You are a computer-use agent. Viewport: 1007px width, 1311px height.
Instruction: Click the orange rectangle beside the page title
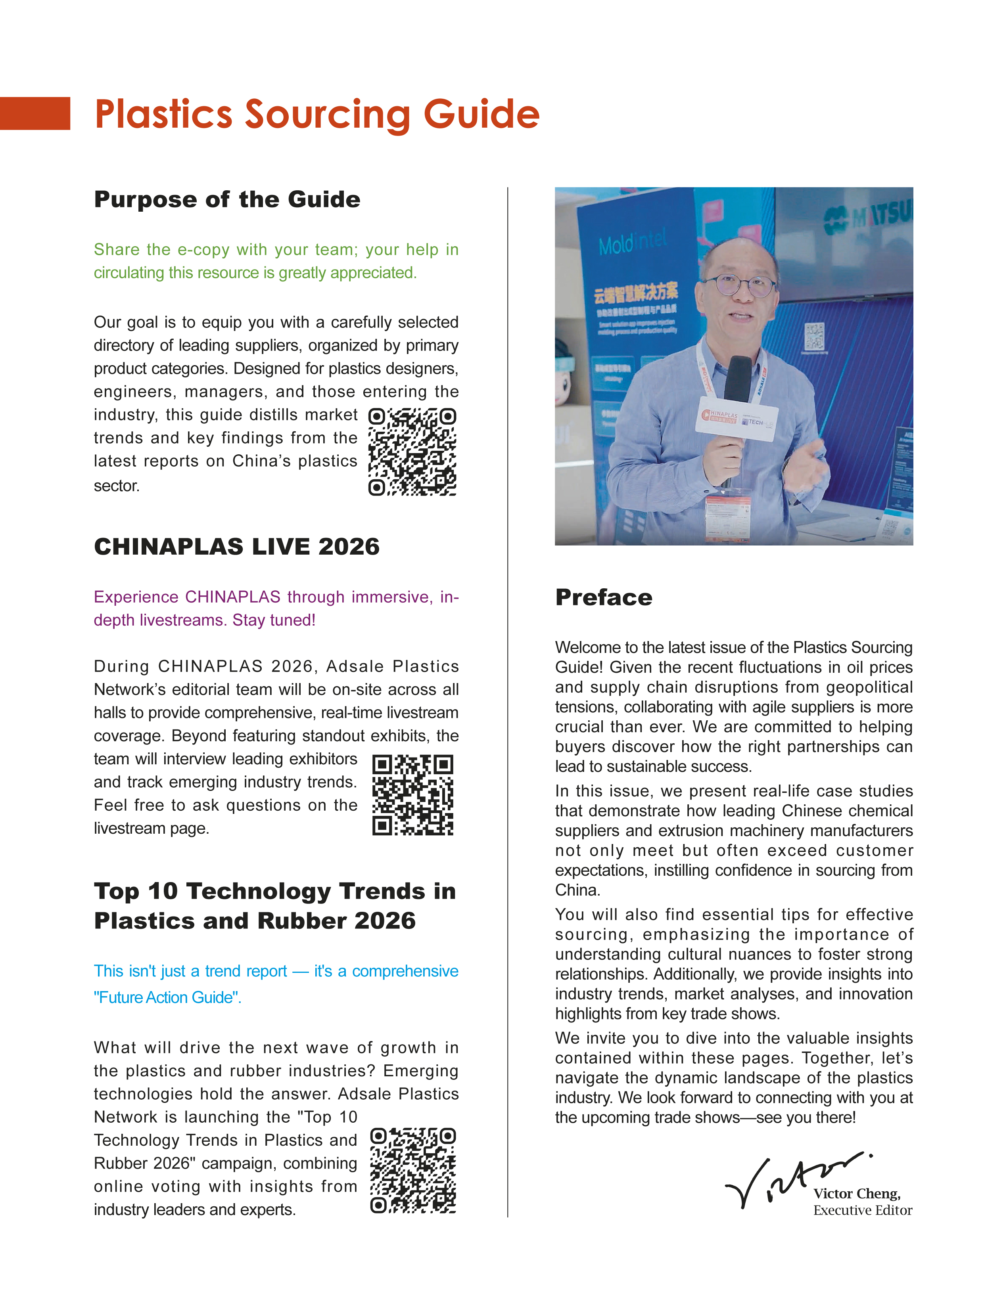[35, 113]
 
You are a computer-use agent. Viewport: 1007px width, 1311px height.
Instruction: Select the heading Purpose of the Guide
[227, 199]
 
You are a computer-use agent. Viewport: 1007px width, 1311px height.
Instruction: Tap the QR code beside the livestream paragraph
[412, 794]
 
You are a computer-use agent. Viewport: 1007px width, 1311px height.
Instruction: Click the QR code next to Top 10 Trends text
[412, 1170]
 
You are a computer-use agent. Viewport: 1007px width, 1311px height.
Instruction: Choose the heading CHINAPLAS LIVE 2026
[237, 546]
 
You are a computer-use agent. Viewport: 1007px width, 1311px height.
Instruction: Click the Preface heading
[604, 597]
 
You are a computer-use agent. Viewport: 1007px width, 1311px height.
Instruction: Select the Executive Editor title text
[863, 1210]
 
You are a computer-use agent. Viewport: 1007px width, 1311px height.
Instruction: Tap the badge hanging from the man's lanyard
[728, 515]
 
